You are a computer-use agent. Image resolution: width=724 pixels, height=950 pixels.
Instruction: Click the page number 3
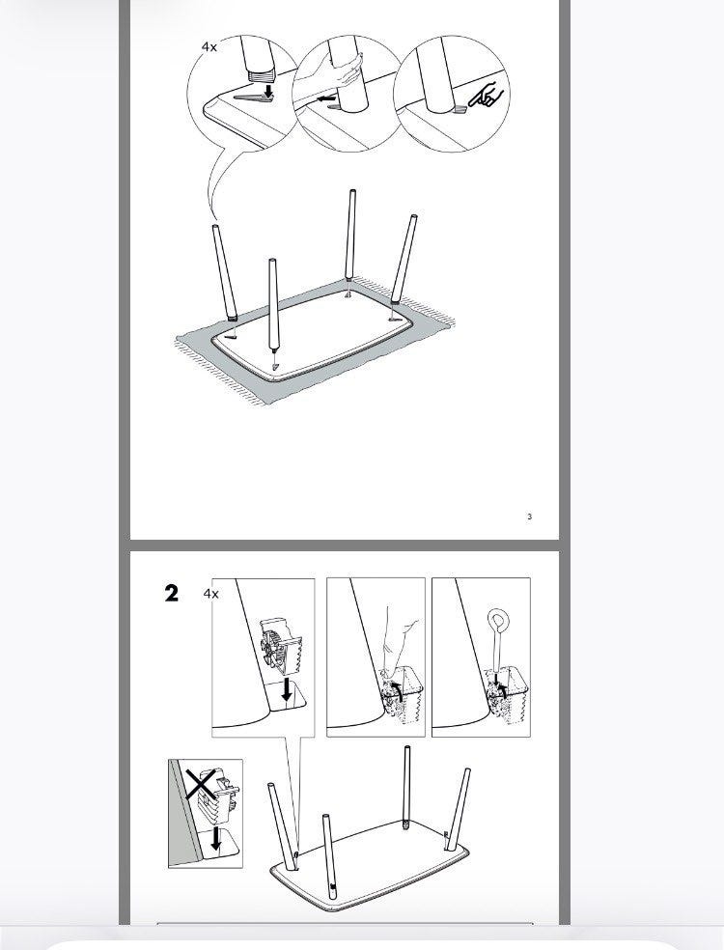(x=530, y=517)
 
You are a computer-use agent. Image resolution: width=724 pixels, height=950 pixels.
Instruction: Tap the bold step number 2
(x=172, y=593)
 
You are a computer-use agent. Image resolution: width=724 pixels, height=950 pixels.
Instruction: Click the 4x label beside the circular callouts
(x=209, y=46)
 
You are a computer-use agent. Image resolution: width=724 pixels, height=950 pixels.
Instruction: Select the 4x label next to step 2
(x=210, y=594)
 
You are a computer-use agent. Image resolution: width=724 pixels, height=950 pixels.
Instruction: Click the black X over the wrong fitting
(x=202, y=783)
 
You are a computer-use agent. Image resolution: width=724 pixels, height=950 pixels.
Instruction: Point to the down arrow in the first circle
(x=267, y=91)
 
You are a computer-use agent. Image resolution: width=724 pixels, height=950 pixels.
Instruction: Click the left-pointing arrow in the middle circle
(x=327, y=98)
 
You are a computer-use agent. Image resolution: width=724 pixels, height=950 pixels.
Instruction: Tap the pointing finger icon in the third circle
(x=486, y=94)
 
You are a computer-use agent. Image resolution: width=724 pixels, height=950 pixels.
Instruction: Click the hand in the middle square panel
(x=400, y=643)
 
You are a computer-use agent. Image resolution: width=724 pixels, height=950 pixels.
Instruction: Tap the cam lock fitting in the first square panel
(x=281, y=646)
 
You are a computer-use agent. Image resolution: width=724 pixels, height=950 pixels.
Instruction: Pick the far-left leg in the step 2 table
(x=282, y=826)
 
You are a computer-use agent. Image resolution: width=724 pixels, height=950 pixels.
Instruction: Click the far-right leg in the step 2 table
(x=458, y=809)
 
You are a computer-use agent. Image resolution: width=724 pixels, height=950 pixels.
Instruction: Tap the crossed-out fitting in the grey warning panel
(x=219, y=793)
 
